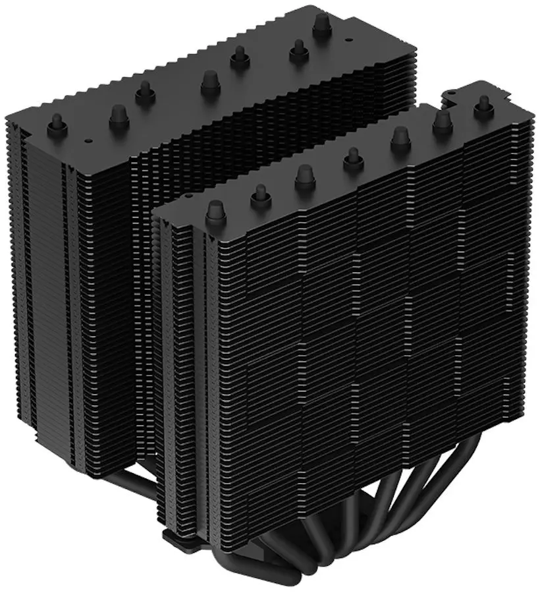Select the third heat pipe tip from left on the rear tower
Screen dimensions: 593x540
(144, 92)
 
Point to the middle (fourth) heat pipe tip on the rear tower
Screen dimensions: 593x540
(211, 83)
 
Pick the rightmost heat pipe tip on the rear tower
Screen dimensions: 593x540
(322, 24)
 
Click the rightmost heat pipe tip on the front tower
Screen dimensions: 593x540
(485, 103)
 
